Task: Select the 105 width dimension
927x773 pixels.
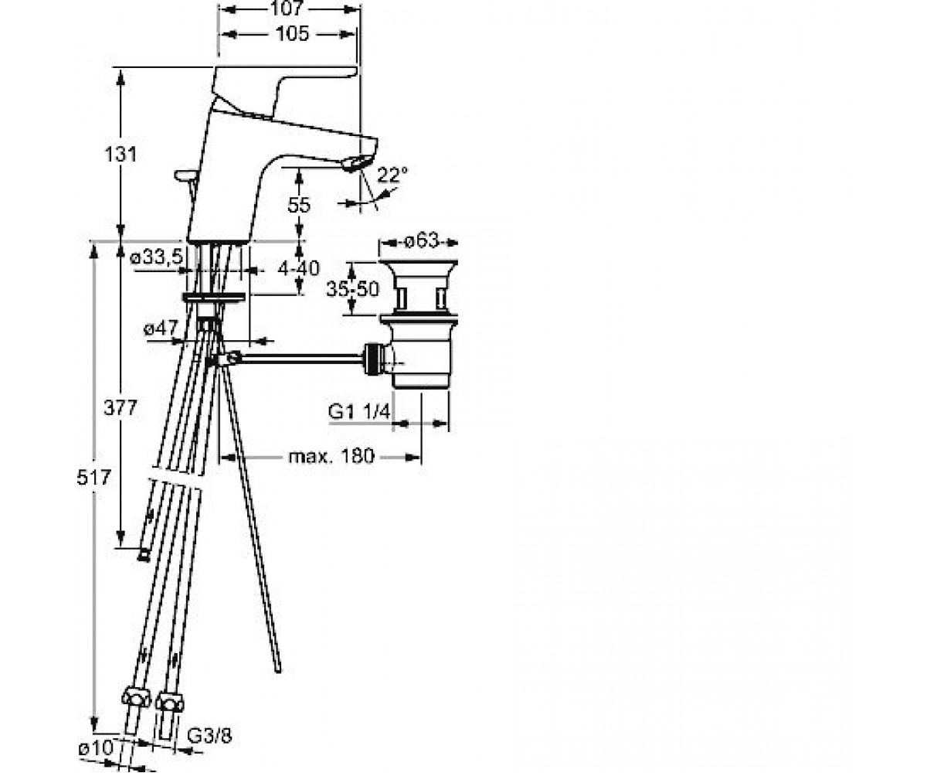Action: [292, 34]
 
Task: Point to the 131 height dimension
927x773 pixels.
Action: [121, 154]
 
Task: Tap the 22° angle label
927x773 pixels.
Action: [392, 175]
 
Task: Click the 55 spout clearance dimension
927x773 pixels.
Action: [299, 205]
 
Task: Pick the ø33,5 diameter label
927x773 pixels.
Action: [156, 257]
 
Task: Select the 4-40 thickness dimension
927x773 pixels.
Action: [298, 268]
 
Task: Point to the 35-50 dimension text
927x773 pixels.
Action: [353, 289]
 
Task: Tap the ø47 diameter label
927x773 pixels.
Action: [161, 329]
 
